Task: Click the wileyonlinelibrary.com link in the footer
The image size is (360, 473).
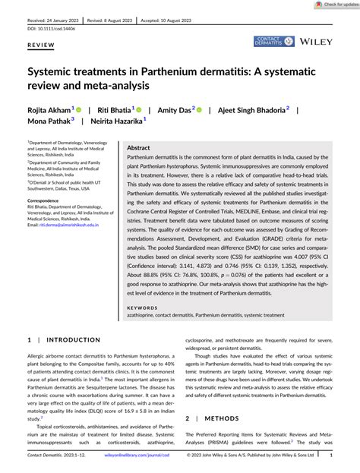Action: pos(125,456)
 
